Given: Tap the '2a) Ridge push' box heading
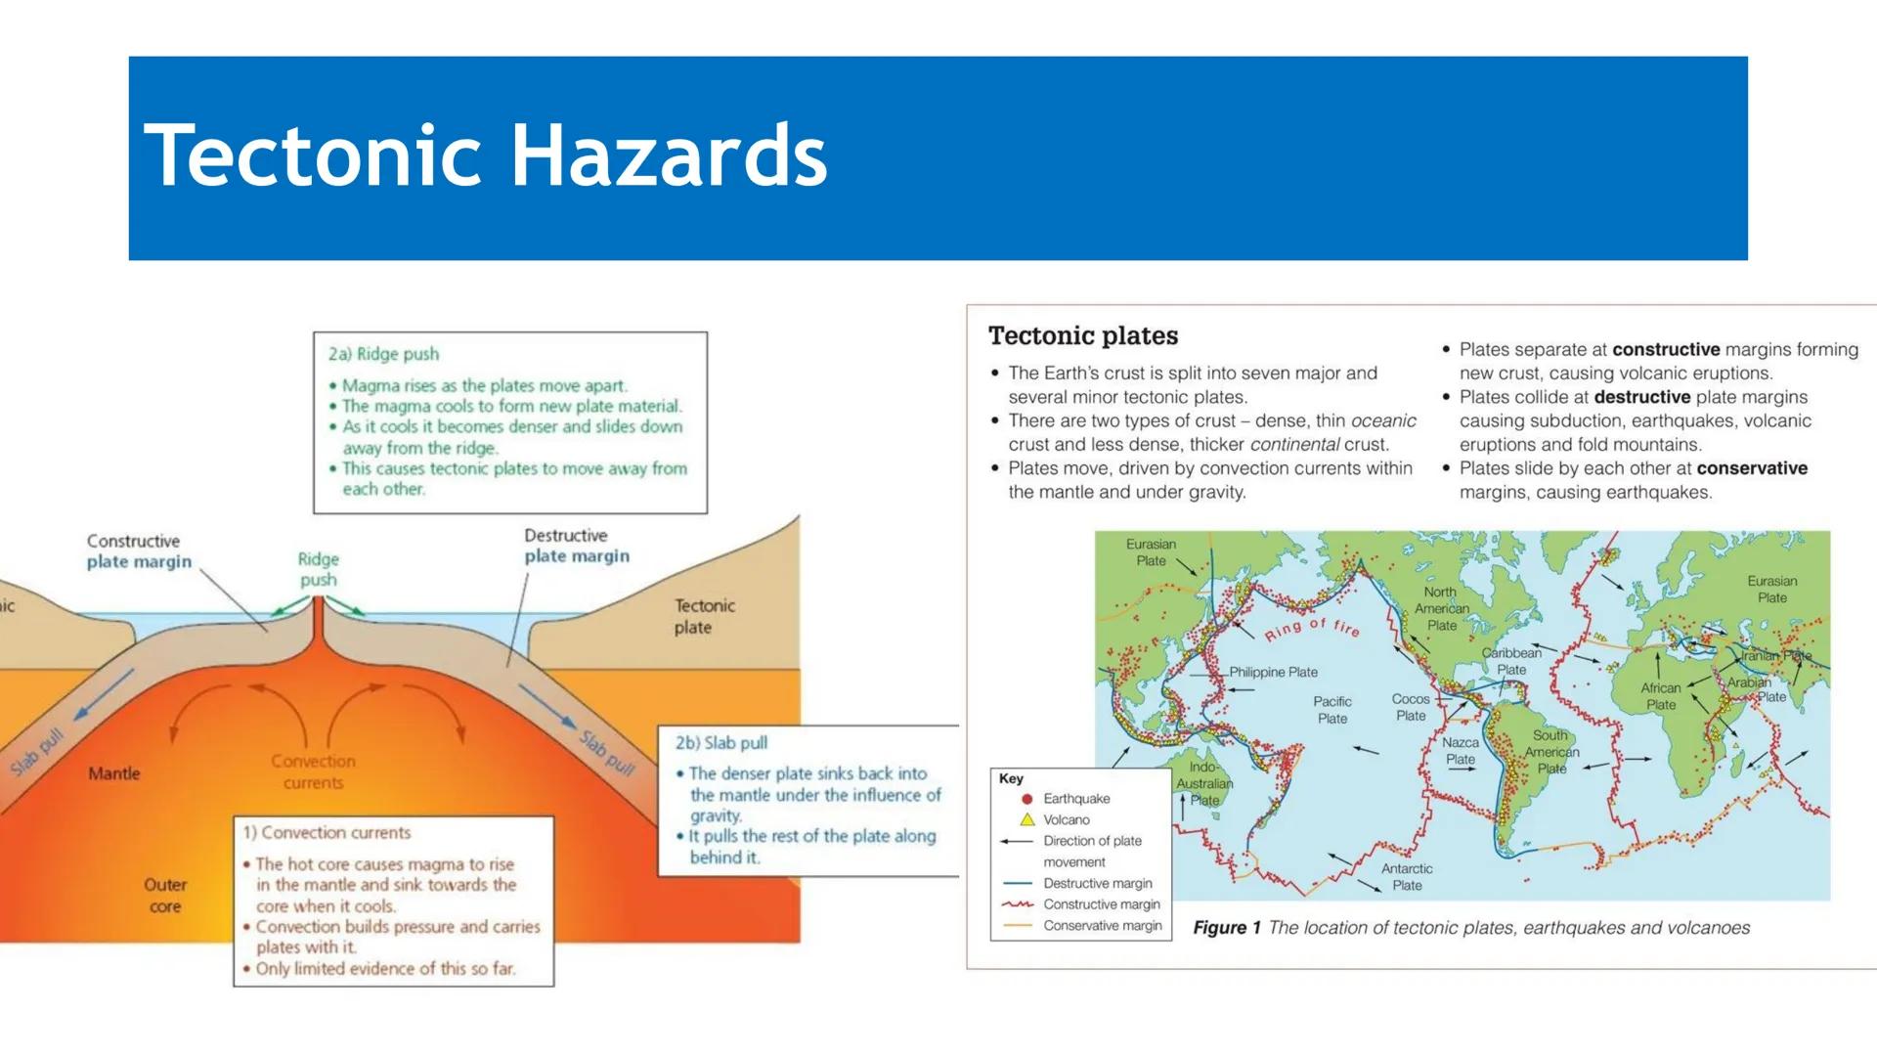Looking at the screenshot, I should [x=383, y=354].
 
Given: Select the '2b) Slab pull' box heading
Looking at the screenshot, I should [x=721, y=743].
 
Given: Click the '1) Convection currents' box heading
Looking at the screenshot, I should [x=327, y=833].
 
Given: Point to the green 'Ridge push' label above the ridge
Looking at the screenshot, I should [x=319, y=569].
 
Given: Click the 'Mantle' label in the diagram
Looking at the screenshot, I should [x=114, y=773].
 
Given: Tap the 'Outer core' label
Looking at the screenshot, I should [x=165, y=895].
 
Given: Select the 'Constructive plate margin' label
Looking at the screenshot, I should [x=138, y=551].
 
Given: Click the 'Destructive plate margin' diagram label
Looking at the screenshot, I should [x=576, y=546].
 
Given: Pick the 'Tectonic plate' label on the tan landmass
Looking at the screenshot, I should [x=704, y=617].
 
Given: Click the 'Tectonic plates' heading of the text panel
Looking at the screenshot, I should [x=1083, y=335].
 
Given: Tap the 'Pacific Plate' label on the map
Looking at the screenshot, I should [x=1332, y=710].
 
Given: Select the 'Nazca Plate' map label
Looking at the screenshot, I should [x=1461, y=751].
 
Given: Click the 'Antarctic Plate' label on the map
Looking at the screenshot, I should [x=1407, y=877].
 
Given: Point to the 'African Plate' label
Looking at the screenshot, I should [x=1661, y=696].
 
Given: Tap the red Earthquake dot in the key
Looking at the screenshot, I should [x=1026, y=799].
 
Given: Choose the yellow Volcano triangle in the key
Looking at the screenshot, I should [x=1026, y=820].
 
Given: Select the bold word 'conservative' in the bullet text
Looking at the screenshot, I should [x=1752, y=468].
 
